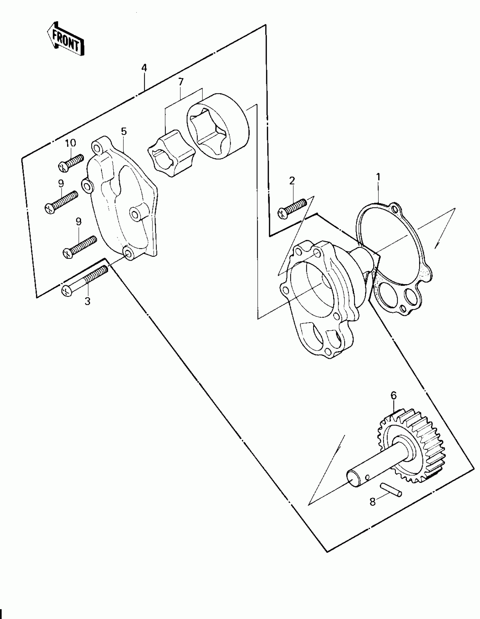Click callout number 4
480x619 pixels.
click(x=144, y=68)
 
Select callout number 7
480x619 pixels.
click(x=181, y=82)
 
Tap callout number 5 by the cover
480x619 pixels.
click(x=124, y=132)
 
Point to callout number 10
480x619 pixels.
click(x=71, y=143)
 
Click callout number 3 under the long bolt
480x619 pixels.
click(x=88, y=302)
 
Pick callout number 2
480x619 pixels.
click(x=292, y=180)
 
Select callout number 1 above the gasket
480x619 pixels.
click(x=378, y=177)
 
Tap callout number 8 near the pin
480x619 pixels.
click(x=373, y=502)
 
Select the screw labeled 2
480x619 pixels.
click(x=292, y=208)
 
